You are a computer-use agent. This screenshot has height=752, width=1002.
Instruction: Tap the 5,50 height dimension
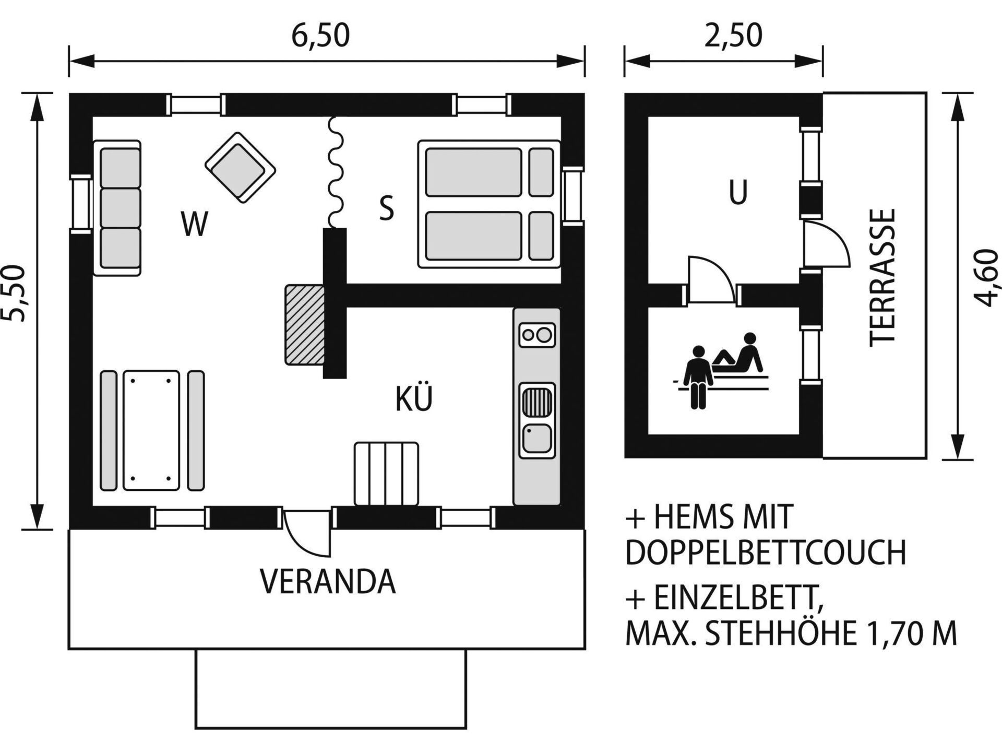point(14,293)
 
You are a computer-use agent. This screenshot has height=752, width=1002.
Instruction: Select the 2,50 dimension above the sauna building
point(733,36)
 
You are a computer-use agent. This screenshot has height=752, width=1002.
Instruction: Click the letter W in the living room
point(195,224)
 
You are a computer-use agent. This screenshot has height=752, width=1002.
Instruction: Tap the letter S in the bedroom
point(386,208)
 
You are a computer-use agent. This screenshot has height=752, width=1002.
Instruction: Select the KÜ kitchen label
point(414,399)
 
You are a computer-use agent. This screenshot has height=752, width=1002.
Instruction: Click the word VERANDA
point(328,582)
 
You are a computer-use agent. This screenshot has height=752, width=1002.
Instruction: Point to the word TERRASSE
point(883,278)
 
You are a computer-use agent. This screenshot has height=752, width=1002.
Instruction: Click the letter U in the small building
point(738,192)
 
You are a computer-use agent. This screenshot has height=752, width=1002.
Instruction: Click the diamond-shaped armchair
point(240,168)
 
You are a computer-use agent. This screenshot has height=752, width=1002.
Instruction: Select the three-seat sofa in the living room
point(117,208)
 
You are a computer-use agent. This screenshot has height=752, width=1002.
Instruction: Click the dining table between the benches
point(151,431)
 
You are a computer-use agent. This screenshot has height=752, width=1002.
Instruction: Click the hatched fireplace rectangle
point(305,325)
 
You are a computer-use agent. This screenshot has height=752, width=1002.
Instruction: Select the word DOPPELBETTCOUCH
point(766,553)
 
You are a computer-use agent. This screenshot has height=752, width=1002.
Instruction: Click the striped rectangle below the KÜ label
point(386,474)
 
